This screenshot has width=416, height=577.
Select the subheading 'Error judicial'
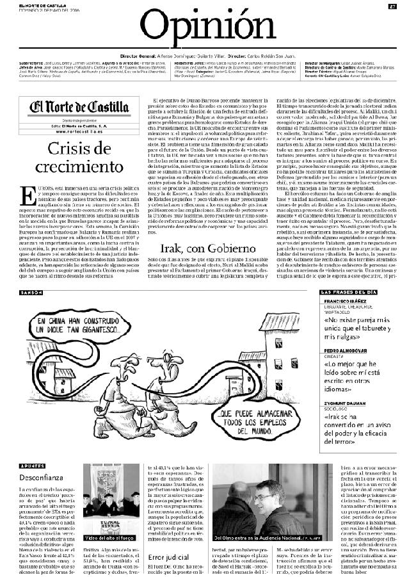click(166, 557)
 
